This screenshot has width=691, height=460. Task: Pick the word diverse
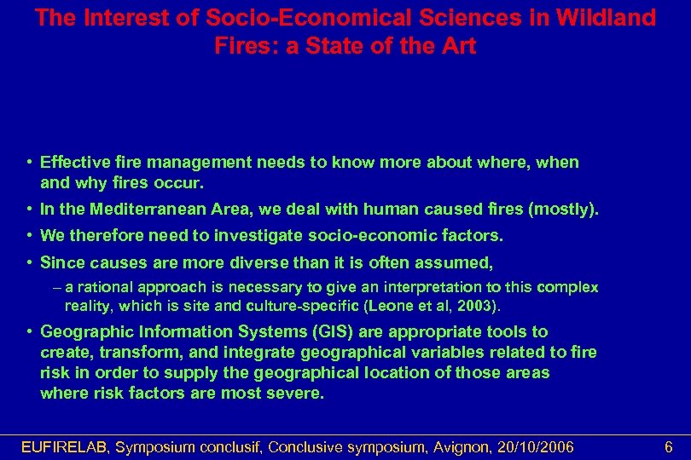282,262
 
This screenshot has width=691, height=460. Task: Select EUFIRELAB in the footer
65,446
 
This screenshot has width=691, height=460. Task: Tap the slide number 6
669,446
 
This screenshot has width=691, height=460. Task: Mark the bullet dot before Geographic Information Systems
29,331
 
